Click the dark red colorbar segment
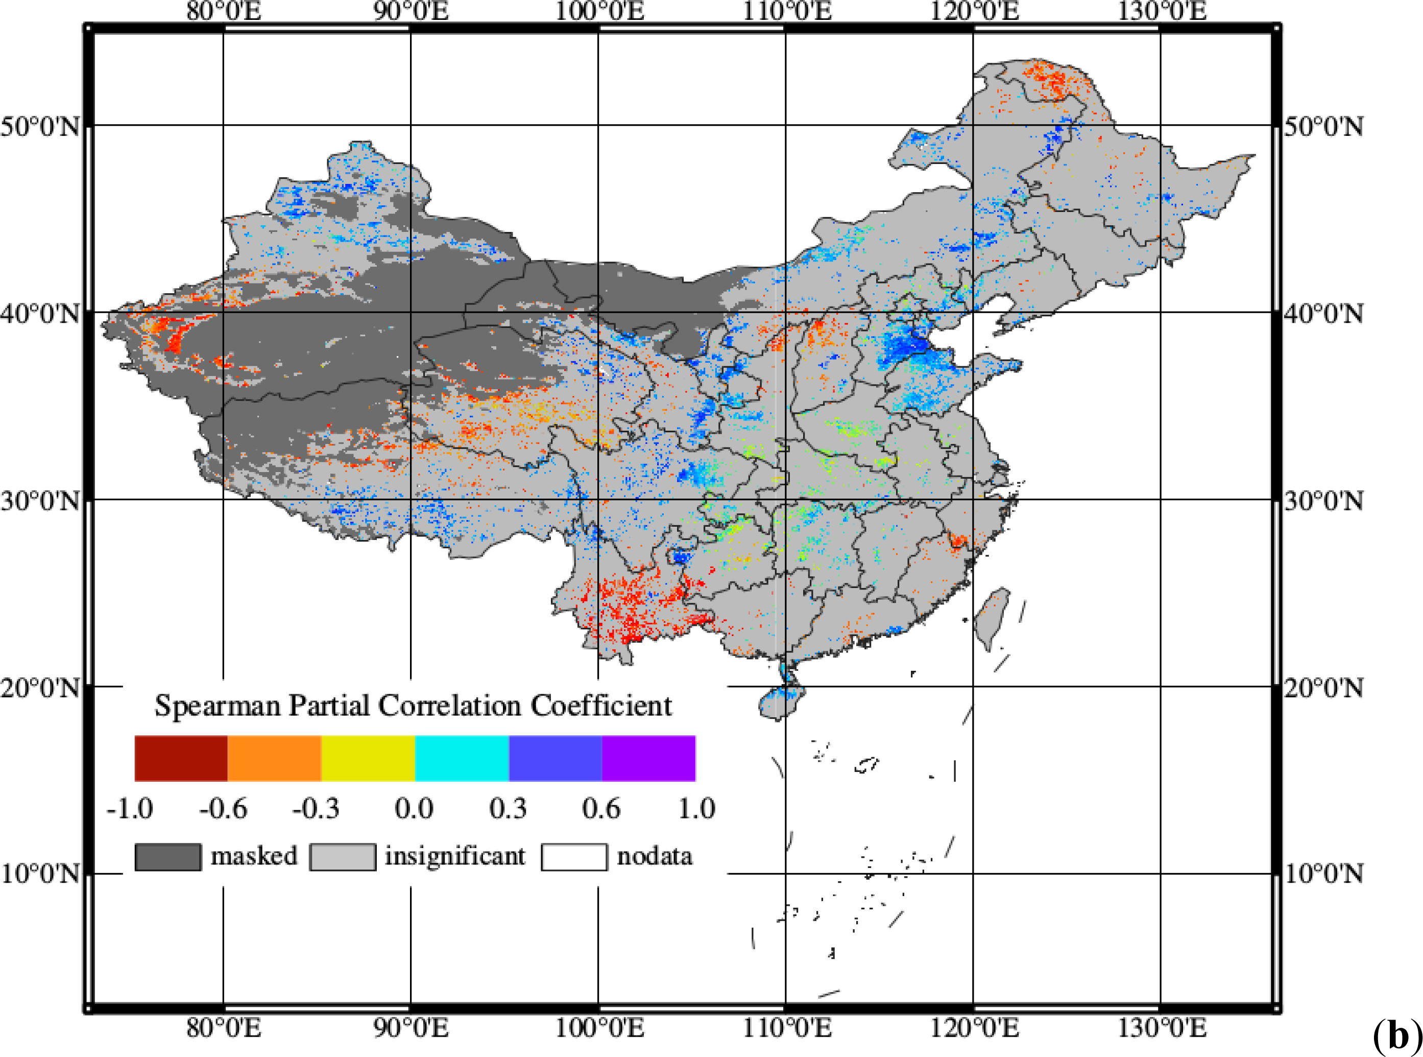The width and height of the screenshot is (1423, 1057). point(181,758)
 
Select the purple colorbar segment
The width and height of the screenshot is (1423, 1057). point(648,758)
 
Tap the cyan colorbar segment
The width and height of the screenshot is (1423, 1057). point(462,758)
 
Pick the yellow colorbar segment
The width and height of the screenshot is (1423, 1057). point(368,758)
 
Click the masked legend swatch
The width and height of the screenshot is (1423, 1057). point(167,857)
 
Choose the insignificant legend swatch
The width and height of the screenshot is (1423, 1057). point(343,857)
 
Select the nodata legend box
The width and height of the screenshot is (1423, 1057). point(574,857)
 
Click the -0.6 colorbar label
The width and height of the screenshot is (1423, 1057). point(223,809)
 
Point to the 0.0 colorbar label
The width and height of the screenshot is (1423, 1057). point(414,809)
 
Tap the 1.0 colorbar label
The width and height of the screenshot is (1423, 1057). point(696,809)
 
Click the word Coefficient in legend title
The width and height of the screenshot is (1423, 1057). point(601,705)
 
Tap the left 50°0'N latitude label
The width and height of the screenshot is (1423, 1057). point(40,126)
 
